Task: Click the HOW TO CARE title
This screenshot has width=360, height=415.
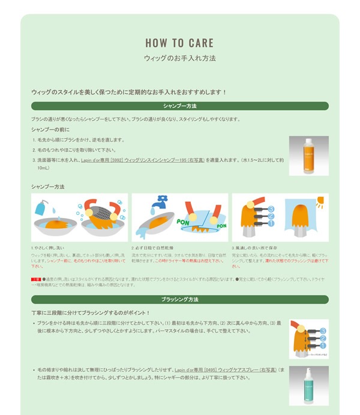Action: click(x=179, y=43)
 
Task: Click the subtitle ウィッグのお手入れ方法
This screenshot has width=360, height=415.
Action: click(x=179, y=59)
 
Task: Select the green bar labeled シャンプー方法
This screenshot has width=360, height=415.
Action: click(x=179, y=106)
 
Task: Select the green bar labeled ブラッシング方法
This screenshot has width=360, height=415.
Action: click(x=179, y=299)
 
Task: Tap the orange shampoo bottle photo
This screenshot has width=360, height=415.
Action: click(x=308, y=156)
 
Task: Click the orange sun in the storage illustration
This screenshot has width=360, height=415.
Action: click(x=320, y=202)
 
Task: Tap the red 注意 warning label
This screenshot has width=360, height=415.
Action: click(x=35, y=280)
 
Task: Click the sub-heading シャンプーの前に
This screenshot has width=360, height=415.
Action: click(x=51, y=129)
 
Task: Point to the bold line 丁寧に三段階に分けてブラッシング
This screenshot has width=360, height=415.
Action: click(x=91, y=313)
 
